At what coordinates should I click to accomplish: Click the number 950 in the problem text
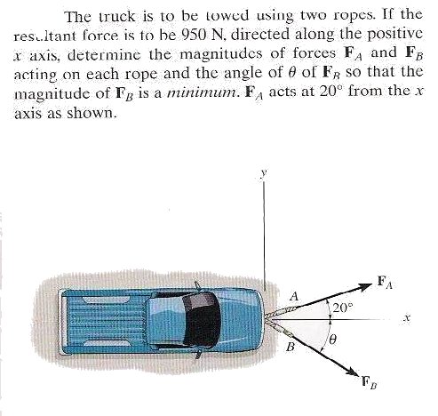[x=192, y=35]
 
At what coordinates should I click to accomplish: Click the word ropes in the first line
[x=354, y=16]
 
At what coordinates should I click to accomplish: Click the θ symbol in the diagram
[x=332, y=338]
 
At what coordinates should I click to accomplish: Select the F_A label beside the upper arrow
[x=386, y=282]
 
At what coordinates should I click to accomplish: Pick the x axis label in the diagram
[x=408, y=319]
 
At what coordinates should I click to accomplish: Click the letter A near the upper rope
[x=294, y=296]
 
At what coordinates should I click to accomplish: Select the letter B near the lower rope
[x=291, y=347]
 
